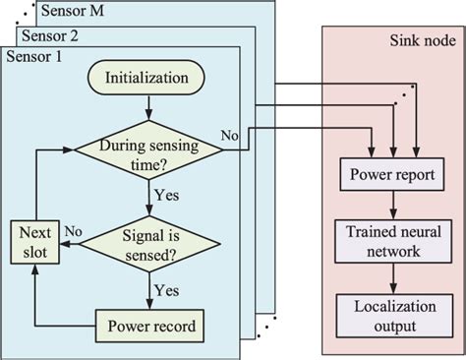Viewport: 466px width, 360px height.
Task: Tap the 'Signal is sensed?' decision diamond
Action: (x=147, y=241)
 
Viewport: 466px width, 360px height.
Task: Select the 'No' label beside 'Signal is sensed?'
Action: (x=73, y=231)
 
